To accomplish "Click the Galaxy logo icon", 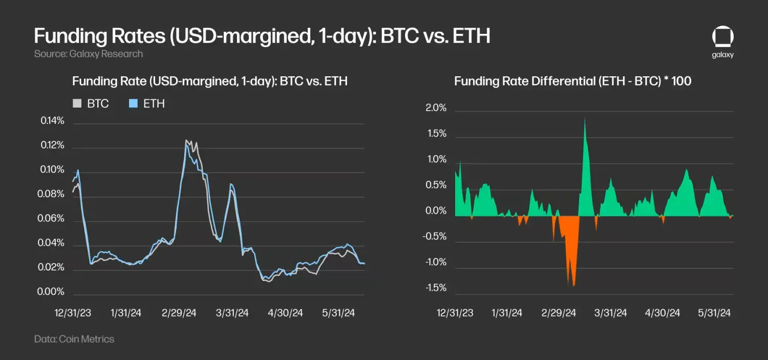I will tap(722, 38).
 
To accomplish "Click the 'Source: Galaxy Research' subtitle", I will tap(89, 54).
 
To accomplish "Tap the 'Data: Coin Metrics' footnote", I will tap(74, 339).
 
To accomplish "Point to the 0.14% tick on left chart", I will tap(53, 121).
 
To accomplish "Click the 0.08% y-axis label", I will tap(53, 194).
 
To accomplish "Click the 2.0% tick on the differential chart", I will tap(436, 109).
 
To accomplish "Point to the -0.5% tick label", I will tap(434, 237).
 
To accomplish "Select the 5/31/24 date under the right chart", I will tap(714, 312).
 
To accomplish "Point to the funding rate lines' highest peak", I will tap(187, 141).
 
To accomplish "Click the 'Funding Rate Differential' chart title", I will tap(572, 81).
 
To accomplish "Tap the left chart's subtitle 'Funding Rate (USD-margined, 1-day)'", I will tap(210, 81).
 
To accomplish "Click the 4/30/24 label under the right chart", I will tap(664, 312).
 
